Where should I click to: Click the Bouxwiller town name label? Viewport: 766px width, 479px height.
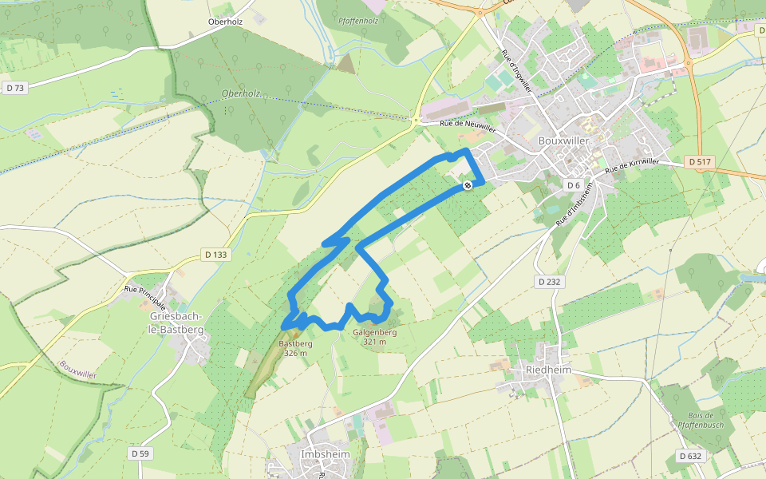click(563, 141)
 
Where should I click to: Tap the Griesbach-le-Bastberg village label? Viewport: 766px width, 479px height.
click(177, 323)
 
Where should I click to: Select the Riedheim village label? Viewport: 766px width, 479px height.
click(550, 370)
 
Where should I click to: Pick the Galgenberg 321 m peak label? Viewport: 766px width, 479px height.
click(375, 337)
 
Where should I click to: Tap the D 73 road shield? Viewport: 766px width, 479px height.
click(14, 88)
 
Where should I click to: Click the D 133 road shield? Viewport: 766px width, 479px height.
click(215, 255)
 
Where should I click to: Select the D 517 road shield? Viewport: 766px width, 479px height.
click(699, 162)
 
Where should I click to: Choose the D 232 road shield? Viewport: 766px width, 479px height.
click(549, 281)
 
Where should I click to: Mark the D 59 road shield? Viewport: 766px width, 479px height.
click(140, 453)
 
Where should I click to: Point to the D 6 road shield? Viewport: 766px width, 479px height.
click(573, 185)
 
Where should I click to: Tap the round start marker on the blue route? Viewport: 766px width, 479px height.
click(468, 185)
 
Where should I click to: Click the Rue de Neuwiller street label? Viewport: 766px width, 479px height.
click(468, 124)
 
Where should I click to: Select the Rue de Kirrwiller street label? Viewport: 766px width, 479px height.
click(632, 166)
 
